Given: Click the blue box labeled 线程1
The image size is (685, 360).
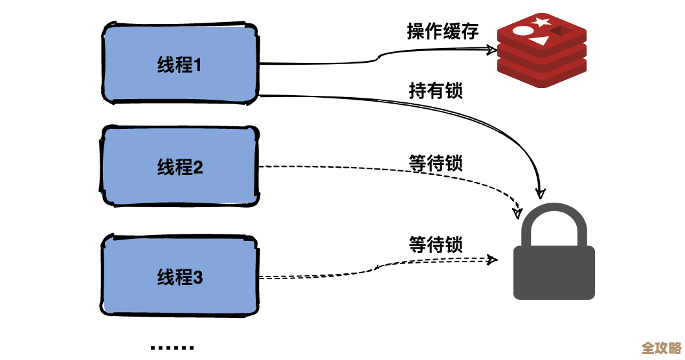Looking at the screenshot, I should coord(180,64).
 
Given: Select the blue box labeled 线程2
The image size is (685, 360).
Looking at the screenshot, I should coord(180,167).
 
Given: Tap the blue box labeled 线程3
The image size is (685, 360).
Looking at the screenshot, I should coord(180,277).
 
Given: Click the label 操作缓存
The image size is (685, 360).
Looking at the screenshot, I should coord(442,31).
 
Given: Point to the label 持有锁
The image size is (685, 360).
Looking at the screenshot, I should coord(436,91).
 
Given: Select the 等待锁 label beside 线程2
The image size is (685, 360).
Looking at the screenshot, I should coord(436,163).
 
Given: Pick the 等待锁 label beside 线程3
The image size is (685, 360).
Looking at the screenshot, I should coord(436,245).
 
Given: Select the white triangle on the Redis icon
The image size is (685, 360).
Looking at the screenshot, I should coord(538,42).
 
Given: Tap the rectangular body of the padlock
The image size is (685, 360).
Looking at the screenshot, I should coord(554,272).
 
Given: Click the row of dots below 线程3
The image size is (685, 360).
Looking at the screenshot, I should coord(172,348).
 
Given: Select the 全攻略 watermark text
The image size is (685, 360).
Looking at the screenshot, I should coord(661,348).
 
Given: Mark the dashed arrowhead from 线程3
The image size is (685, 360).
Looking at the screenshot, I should coord(493,260).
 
